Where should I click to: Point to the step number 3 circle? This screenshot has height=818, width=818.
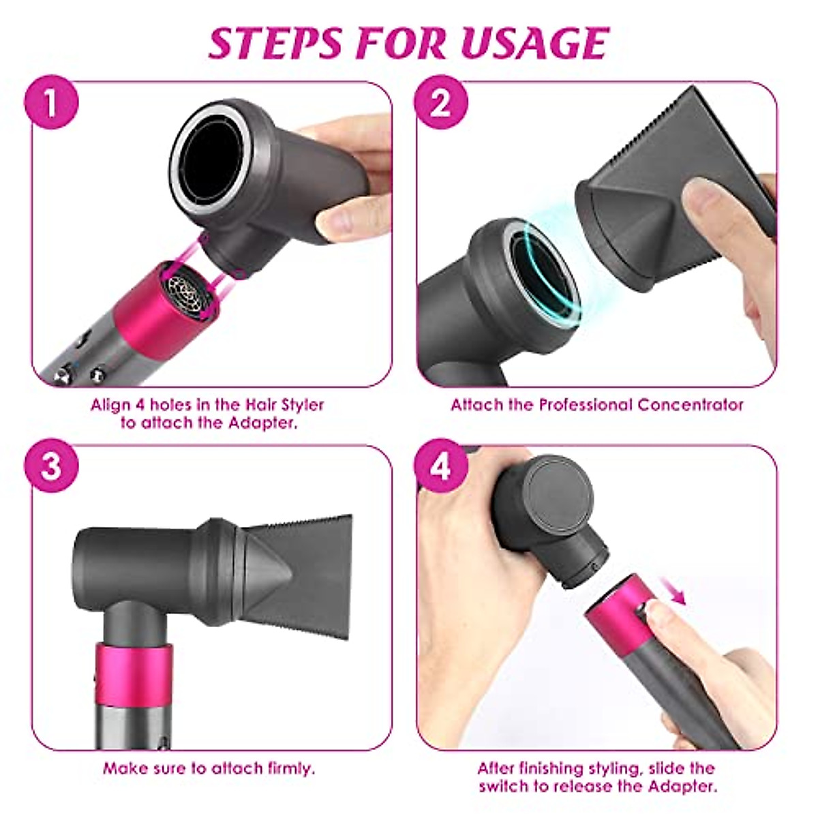51,468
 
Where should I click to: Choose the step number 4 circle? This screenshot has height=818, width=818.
441,468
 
